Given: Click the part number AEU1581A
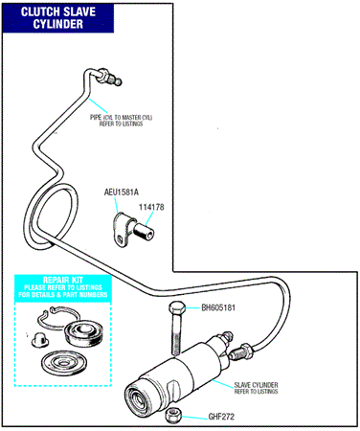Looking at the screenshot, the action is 122,193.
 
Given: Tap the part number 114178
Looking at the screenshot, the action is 151,207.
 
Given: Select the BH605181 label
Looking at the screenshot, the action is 218,307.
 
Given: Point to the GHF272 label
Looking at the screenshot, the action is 221,417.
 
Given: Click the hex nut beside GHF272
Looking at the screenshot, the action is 173,417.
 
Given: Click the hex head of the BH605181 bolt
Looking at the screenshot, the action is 176,308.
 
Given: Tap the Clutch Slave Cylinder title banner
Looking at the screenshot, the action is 58,18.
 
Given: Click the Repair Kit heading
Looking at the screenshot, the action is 63,280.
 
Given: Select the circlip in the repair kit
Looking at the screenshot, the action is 56,317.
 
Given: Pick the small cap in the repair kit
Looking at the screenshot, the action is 39,340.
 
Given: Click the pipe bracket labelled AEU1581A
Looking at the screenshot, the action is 123,230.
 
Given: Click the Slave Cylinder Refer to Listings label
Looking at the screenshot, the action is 256,388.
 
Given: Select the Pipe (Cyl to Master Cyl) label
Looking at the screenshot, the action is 121,121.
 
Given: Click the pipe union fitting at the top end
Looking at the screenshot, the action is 109,77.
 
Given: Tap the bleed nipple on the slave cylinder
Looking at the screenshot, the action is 226,337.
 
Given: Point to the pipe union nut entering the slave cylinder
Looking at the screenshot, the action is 242,352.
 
